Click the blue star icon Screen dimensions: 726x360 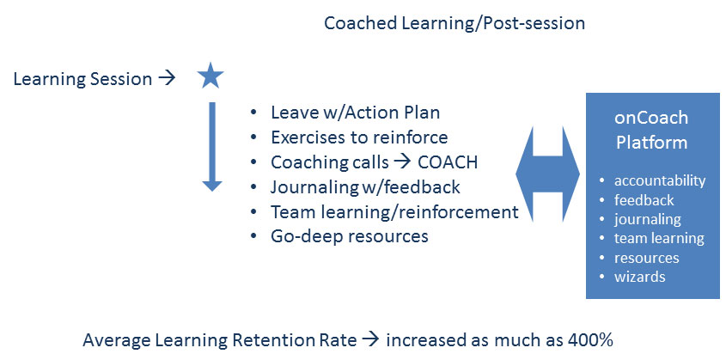click(210, 76)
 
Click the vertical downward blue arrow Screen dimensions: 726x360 click(212, 147)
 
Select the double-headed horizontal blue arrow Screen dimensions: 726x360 click(548, 174)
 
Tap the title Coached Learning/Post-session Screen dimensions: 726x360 click(455, 23)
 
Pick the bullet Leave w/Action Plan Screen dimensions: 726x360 click(355, 113)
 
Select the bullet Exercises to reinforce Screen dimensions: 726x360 click(359, 137)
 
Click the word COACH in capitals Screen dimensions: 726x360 click(448, 162)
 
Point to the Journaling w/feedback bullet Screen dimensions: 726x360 click(365, 187)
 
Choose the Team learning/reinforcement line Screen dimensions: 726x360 click(394, 212)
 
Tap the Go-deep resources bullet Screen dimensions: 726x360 click(350, 236)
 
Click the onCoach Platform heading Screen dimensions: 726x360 click(651, 130)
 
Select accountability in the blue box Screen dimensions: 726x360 click(660, 181)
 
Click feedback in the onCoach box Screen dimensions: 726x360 click(644, 200)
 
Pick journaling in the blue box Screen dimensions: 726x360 click(647, 219)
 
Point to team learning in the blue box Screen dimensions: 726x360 click(659, 238)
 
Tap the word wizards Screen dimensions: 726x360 click(639, 277)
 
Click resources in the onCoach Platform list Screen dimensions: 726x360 click(646, 258)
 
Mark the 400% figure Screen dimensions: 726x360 click(590, 340)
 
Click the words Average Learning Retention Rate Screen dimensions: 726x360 click(220, 340)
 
